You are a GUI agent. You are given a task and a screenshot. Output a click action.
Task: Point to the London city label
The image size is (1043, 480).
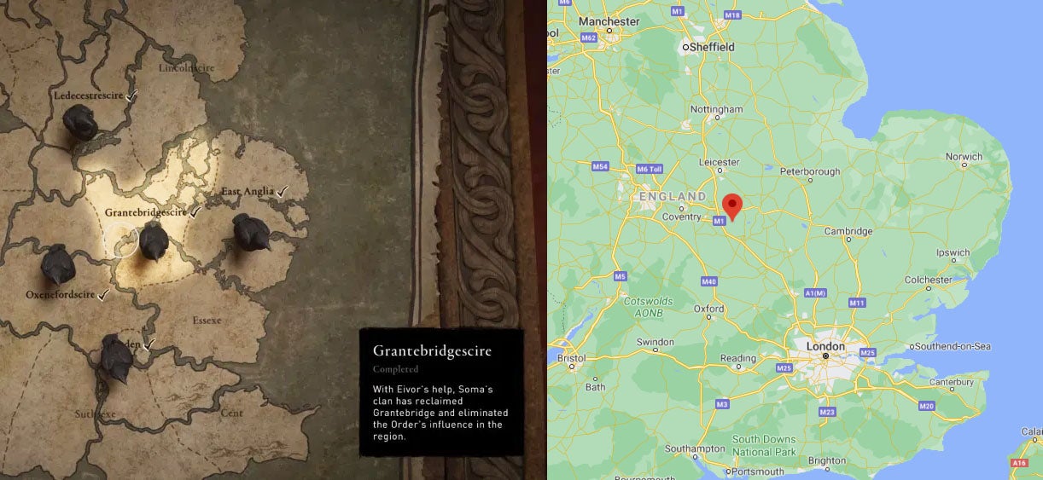click(825, 346)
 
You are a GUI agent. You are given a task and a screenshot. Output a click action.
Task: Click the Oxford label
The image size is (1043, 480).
click(709, 309)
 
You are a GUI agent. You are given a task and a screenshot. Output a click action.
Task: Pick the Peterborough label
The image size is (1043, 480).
click(810, 171)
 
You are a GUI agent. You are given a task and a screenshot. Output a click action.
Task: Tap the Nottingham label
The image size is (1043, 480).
click(717, 110)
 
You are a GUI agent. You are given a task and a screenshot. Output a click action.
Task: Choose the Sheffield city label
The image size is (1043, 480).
click(710, 47)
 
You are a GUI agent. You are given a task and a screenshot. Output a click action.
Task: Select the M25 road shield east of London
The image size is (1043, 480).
click(868, 352)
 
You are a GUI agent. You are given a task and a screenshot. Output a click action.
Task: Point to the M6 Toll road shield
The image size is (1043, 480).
click(650, 168)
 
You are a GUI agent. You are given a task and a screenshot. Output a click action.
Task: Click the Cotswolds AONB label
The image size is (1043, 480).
click(649, 307)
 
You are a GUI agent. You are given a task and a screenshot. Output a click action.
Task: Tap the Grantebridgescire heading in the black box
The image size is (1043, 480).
click(432, 350)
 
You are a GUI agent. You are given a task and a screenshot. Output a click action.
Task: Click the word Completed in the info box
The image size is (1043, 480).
click(395, 369)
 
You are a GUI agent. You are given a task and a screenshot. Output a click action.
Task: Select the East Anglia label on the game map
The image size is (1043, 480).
click(248, 192)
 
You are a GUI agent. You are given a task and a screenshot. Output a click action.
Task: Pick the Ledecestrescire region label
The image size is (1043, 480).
click(88, 95)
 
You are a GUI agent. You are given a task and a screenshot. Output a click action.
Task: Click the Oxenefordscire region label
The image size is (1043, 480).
click(60, 295)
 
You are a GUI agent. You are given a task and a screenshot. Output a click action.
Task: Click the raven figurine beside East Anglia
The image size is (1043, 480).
click(252, 232)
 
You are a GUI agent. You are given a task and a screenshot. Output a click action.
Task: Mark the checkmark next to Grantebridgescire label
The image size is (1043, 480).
click(195, 211)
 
